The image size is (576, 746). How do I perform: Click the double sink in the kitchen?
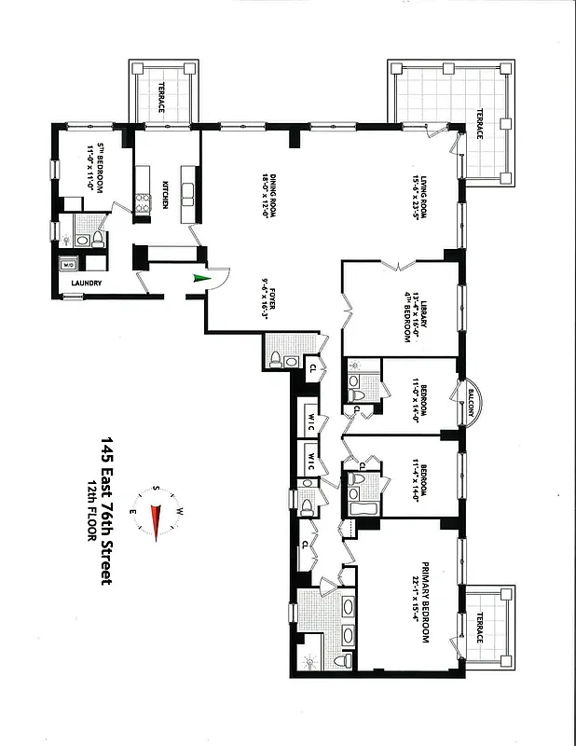coord(187,195)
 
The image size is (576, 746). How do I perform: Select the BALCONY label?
coord(471,403)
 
